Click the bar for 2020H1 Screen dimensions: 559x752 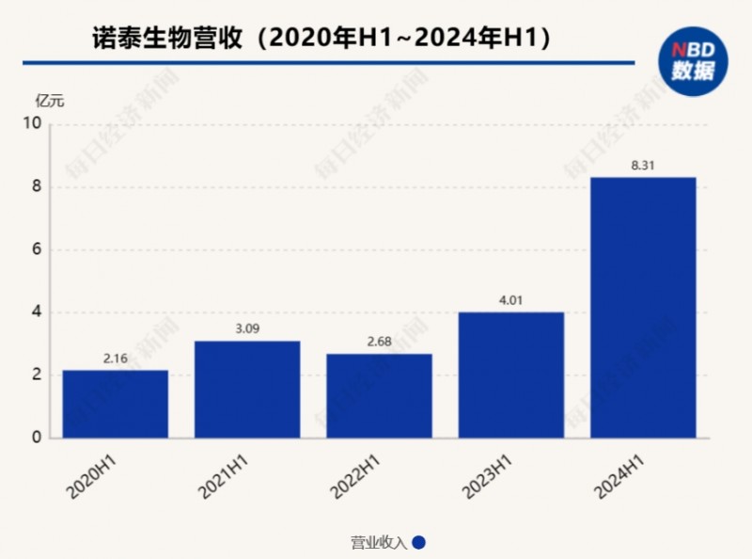tap(115, 404)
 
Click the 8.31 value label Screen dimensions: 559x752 tap(643, 166)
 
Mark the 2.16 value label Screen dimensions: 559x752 tap(115, 359)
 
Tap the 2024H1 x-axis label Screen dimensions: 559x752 tap(621, 476)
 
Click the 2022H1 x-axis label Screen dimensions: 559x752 tap(357, 476)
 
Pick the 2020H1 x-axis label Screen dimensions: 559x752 tap(93, 476)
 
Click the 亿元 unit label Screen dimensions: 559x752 tap(50, 101)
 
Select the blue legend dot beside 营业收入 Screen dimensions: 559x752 tap(419, 542)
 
